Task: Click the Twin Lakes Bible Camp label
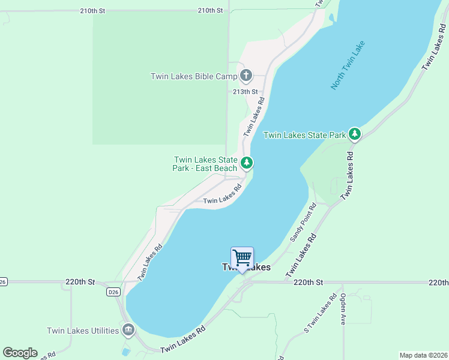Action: tap(193, 76)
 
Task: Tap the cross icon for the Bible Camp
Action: tap(246, 76)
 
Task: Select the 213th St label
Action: tap(245, 92)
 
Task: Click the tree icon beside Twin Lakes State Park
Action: tap(355, 133)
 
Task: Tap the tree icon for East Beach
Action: tap(246, 163)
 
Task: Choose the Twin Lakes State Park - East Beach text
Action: tap(205, 164)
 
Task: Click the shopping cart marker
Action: tap(242, 258)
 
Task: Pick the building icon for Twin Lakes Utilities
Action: tap(128, 330)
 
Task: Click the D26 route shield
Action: tap(113, 292)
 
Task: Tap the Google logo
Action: tap(20, 353)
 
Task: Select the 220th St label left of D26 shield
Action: tap(80, 281)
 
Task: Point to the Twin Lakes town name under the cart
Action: tap(246, 268)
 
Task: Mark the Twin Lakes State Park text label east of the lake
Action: tap(305, 135)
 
